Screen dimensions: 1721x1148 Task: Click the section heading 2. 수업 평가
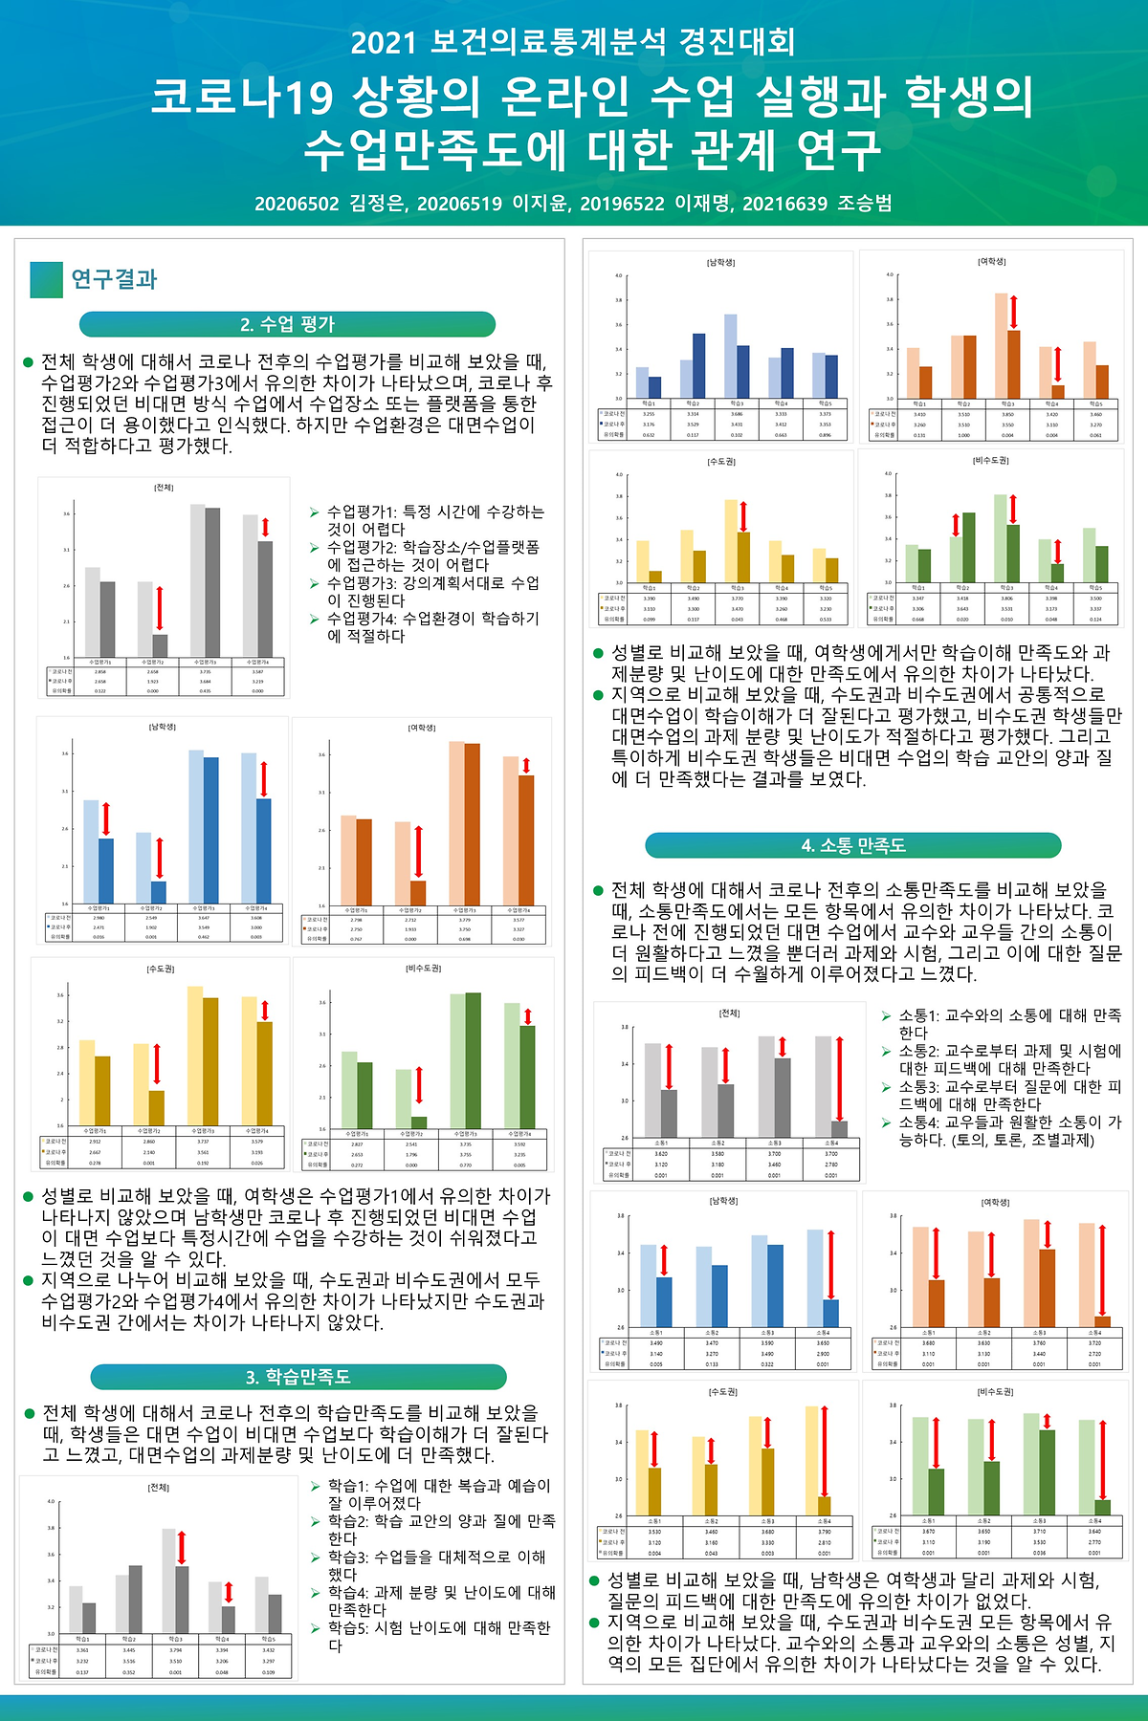[x=287, y=324]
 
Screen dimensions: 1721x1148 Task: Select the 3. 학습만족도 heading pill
[x=298, y=1377]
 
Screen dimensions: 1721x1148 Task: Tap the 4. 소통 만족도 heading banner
[x=852, y=845]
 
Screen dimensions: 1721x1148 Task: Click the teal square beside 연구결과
[x=46, y=279]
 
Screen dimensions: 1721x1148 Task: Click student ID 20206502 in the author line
[x=297, y=203]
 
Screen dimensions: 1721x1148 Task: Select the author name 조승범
[x=865, y=203]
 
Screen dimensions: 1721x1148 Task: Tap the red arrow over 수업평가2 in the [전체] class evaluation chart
[x=160, y=608]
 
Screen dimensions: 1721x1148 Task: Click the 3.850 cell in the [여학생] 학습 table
[x=1007, y=415]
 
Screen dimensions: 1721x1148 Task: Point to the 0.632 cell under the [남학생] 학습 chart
[x=649, y=435]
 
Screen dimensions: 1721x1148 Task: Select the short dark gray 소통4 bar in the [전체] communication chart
[x=839, y=1129]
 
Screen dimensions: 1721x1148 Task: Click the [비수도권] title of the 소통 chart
[x=995, y=1392]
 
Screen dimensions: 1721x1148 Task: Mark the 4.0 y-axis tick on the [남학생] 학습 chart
[x=618, y=275]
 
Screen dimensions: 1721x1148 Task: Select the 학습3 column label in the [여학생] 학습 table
[x=1007, y=404]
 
